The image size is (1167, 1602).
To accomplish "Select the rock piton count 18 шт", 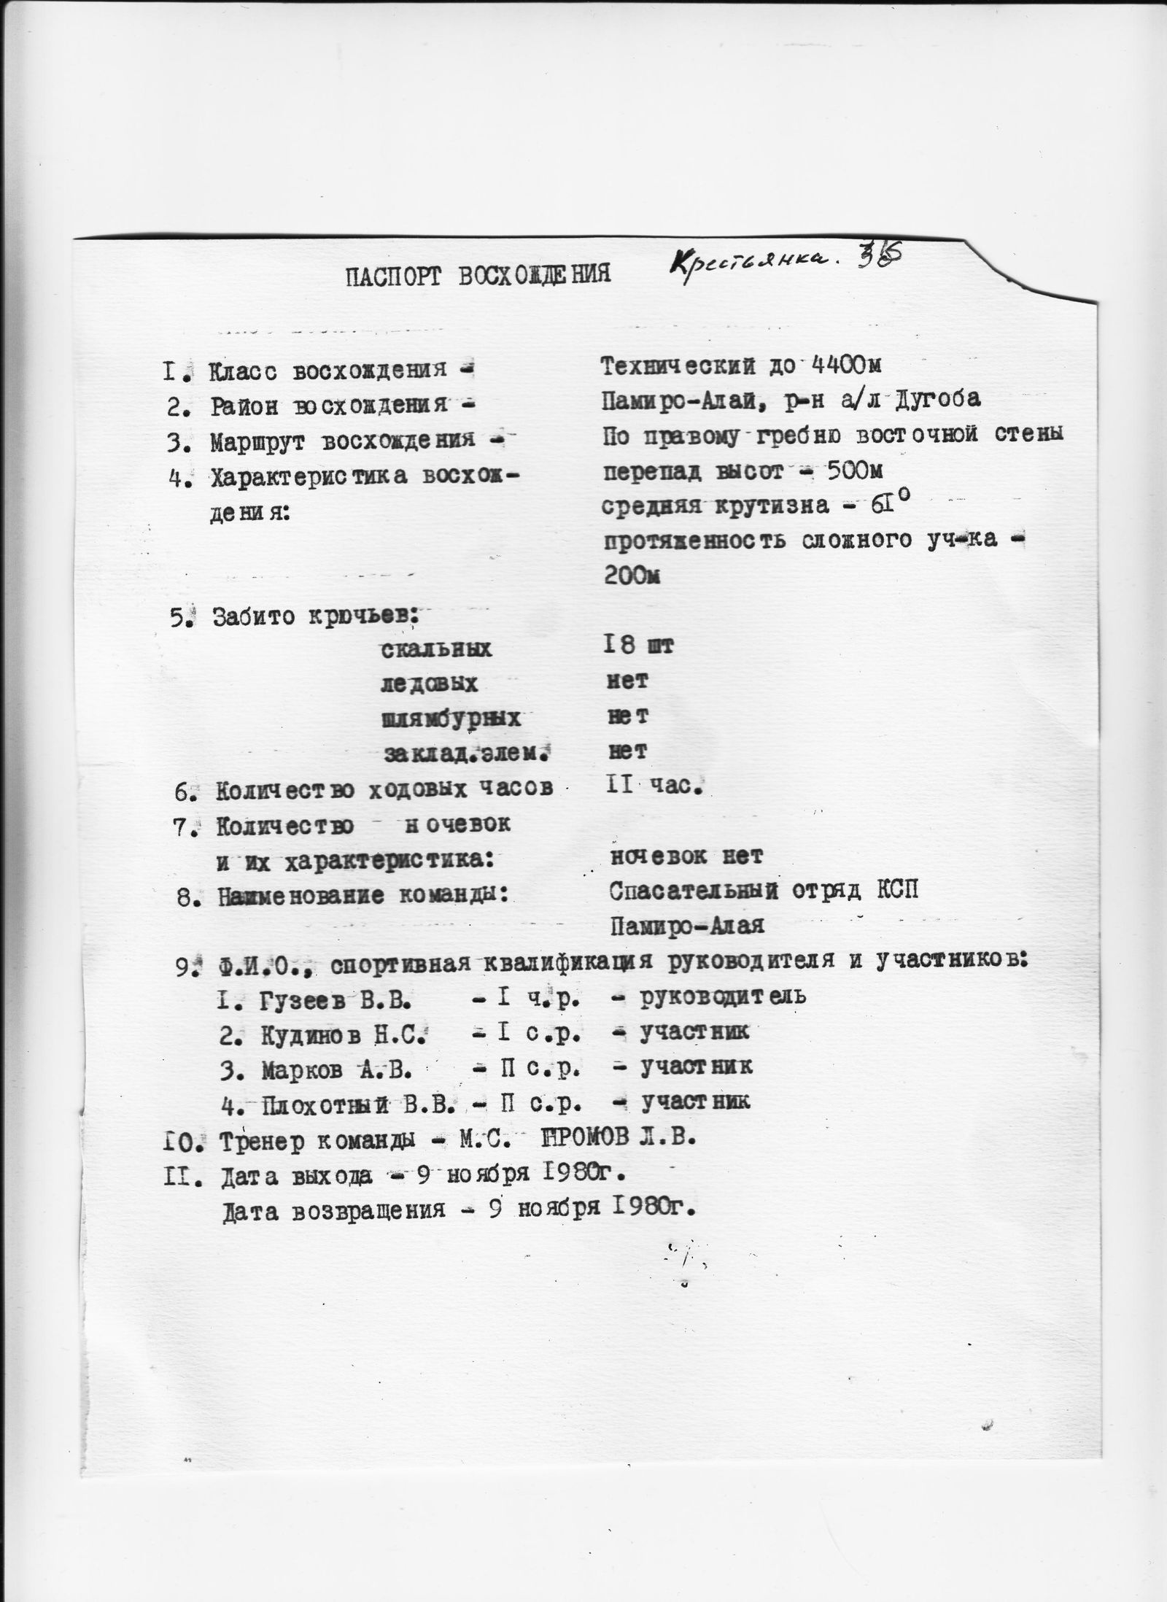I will click(x=640, y=646).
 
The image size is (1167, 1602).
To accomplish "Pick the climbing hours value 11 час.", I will click(x=654, y=786).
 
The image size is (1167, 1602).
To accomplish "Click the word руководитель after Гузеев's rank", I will click(x=723, y=996).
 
